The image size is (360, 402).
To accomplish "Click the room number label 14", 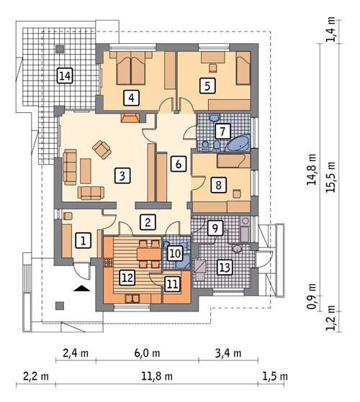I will (x=65, y=76).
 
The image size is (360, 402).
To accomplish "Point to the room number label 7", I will (x=222, y=132).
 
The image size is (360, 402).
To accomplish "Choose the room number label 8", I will (x=216, y=185).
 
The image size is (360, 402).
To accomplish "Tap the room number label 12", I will (x=127, y=275).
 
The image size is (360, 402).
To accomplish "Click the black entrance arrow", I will (x=83, y=289).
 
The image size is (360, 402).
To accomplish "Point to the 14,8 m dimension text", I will (x=311, y=170).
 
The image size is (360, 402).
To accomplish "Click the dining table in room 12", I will (x=148, y=252).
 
